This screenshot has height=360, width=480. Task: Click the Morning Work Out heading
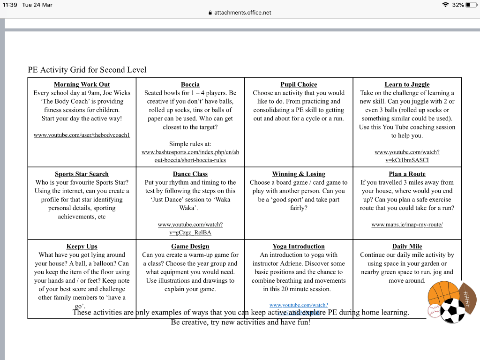82,84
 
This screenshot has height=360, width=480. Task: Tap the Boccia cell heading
190,84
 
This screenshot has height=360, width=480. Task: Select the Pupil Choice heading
299,84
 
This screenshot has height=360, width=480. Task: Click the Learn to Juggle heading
407,84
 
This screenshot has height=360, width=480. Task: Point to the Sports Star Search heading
82,174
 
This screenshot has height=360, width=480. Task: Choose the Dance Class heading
190,174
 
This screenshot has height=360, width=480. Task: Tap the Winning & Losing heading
299,174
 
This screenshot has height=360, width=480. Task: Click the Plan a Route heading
407,174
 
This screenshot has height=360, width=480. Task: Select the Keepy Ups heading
82,247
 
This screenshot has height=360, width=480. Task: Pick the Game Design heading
190,247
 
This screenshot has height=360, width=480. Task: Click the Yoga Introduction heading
299,247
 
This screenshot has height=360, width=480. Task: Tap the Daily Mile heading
407,247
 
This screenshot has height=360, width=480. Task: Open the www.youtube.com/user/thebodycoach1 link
82,135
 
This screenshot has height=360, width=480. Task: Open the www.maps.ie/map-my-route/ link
407,225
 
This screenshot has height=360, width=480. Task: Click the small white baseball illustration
435,311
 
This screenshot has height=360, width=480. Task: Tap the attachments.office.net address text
243,13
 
